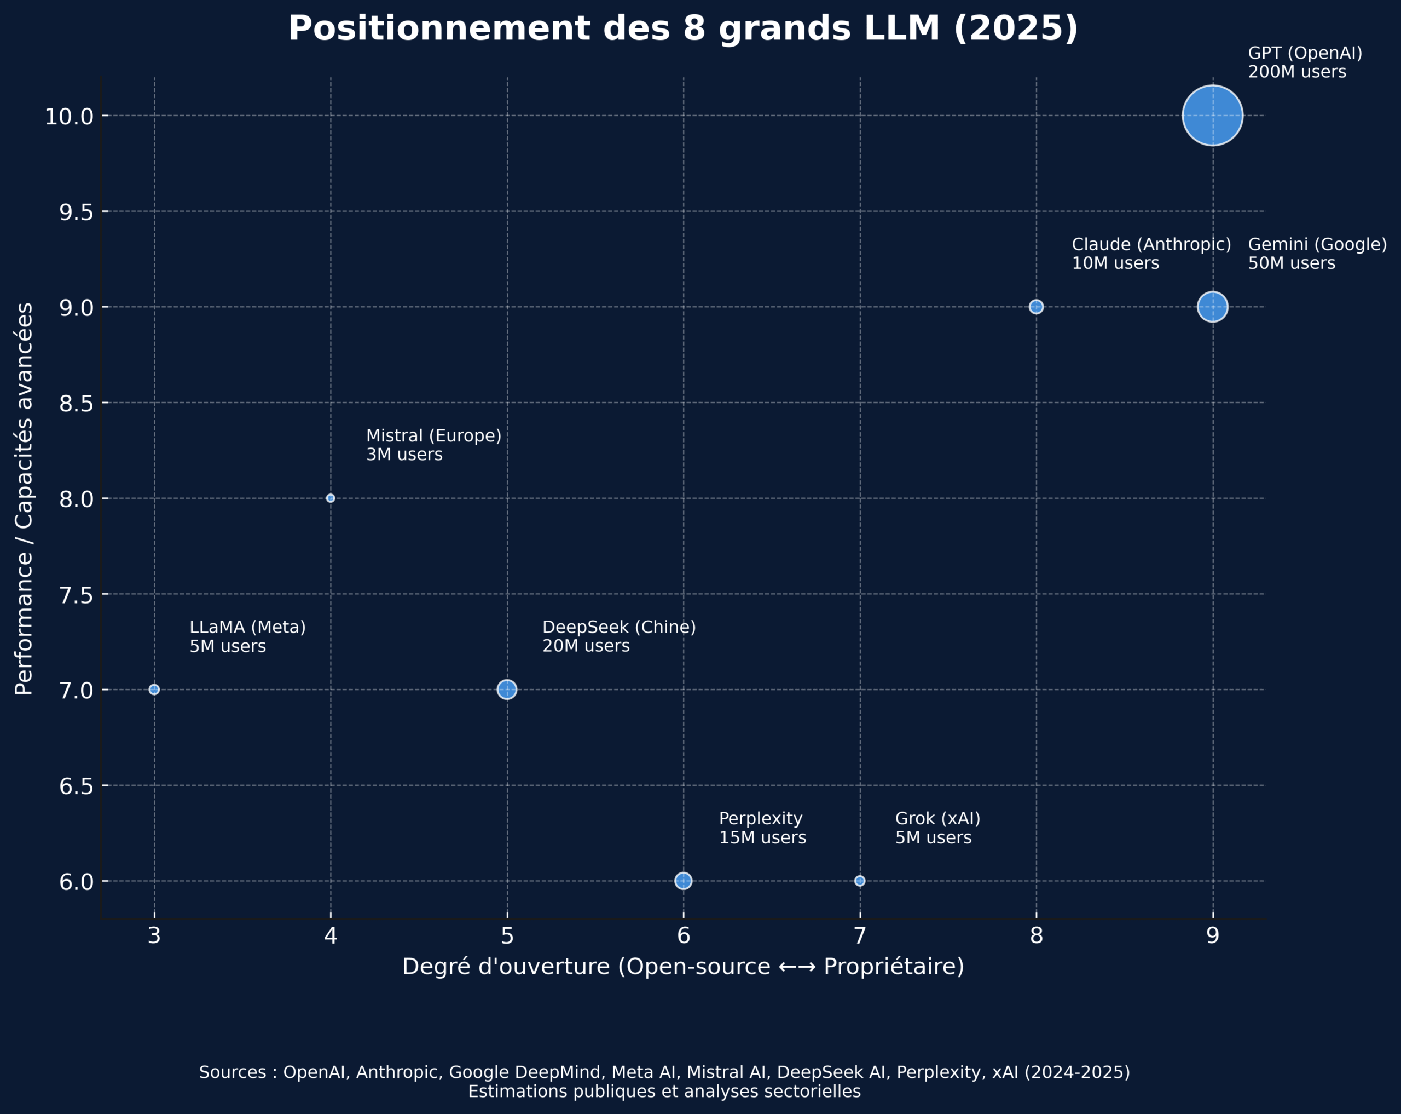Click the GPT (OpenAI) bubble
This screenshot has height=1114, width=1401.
[1213, 116]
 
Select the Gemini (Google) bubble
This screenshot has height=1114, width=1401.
[1213, 307]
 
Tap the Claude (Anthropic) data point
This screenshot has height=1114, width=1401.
[1037, 307]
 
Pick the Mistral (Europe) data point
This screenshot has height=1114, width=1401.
[331, 498]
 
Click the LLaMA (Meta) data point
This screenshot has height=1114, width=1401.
[154, 690]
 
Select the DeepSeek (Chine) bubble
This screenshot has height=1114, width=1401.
[507, 690]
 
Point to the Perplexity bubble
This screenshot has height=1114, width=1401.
[684, 881]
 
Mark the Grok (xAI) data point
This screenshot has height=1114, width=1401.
[860, 881]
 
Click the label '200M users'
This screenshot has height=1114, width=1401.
[1297, 72]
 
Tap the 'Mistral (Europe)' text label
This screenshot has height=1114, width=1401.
[434, 436]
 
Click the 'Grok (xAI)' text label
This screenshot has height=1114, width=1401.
[937, 818]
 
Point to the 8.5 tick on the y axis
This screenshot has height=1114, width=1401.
[77, 404]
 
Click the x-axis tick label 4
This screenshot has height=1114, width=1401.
[331, 936]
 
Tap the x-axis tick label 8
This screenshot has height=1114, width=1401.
[1037, 936]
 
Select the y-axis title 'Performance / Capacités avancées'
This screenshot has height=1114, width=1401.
[24, 498]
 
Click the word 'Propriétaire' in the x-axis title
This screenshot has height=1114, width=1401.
[894, 967]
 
